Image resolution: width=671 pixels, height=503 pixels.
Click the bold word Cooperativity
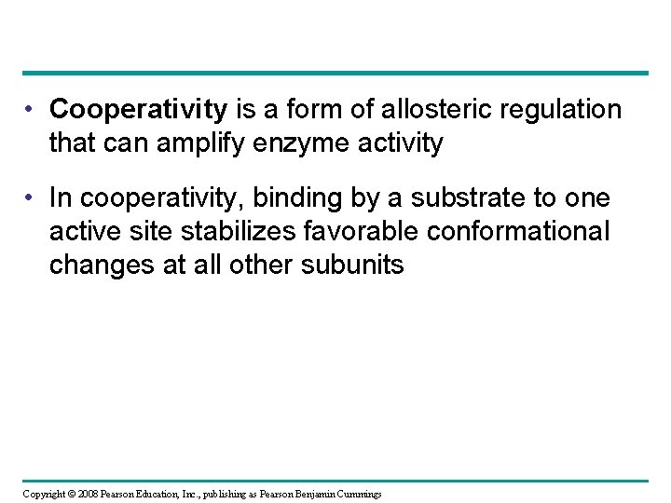point(139,111)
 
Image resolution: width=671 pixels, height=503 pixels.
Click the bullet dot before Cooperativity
point(33,111)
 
